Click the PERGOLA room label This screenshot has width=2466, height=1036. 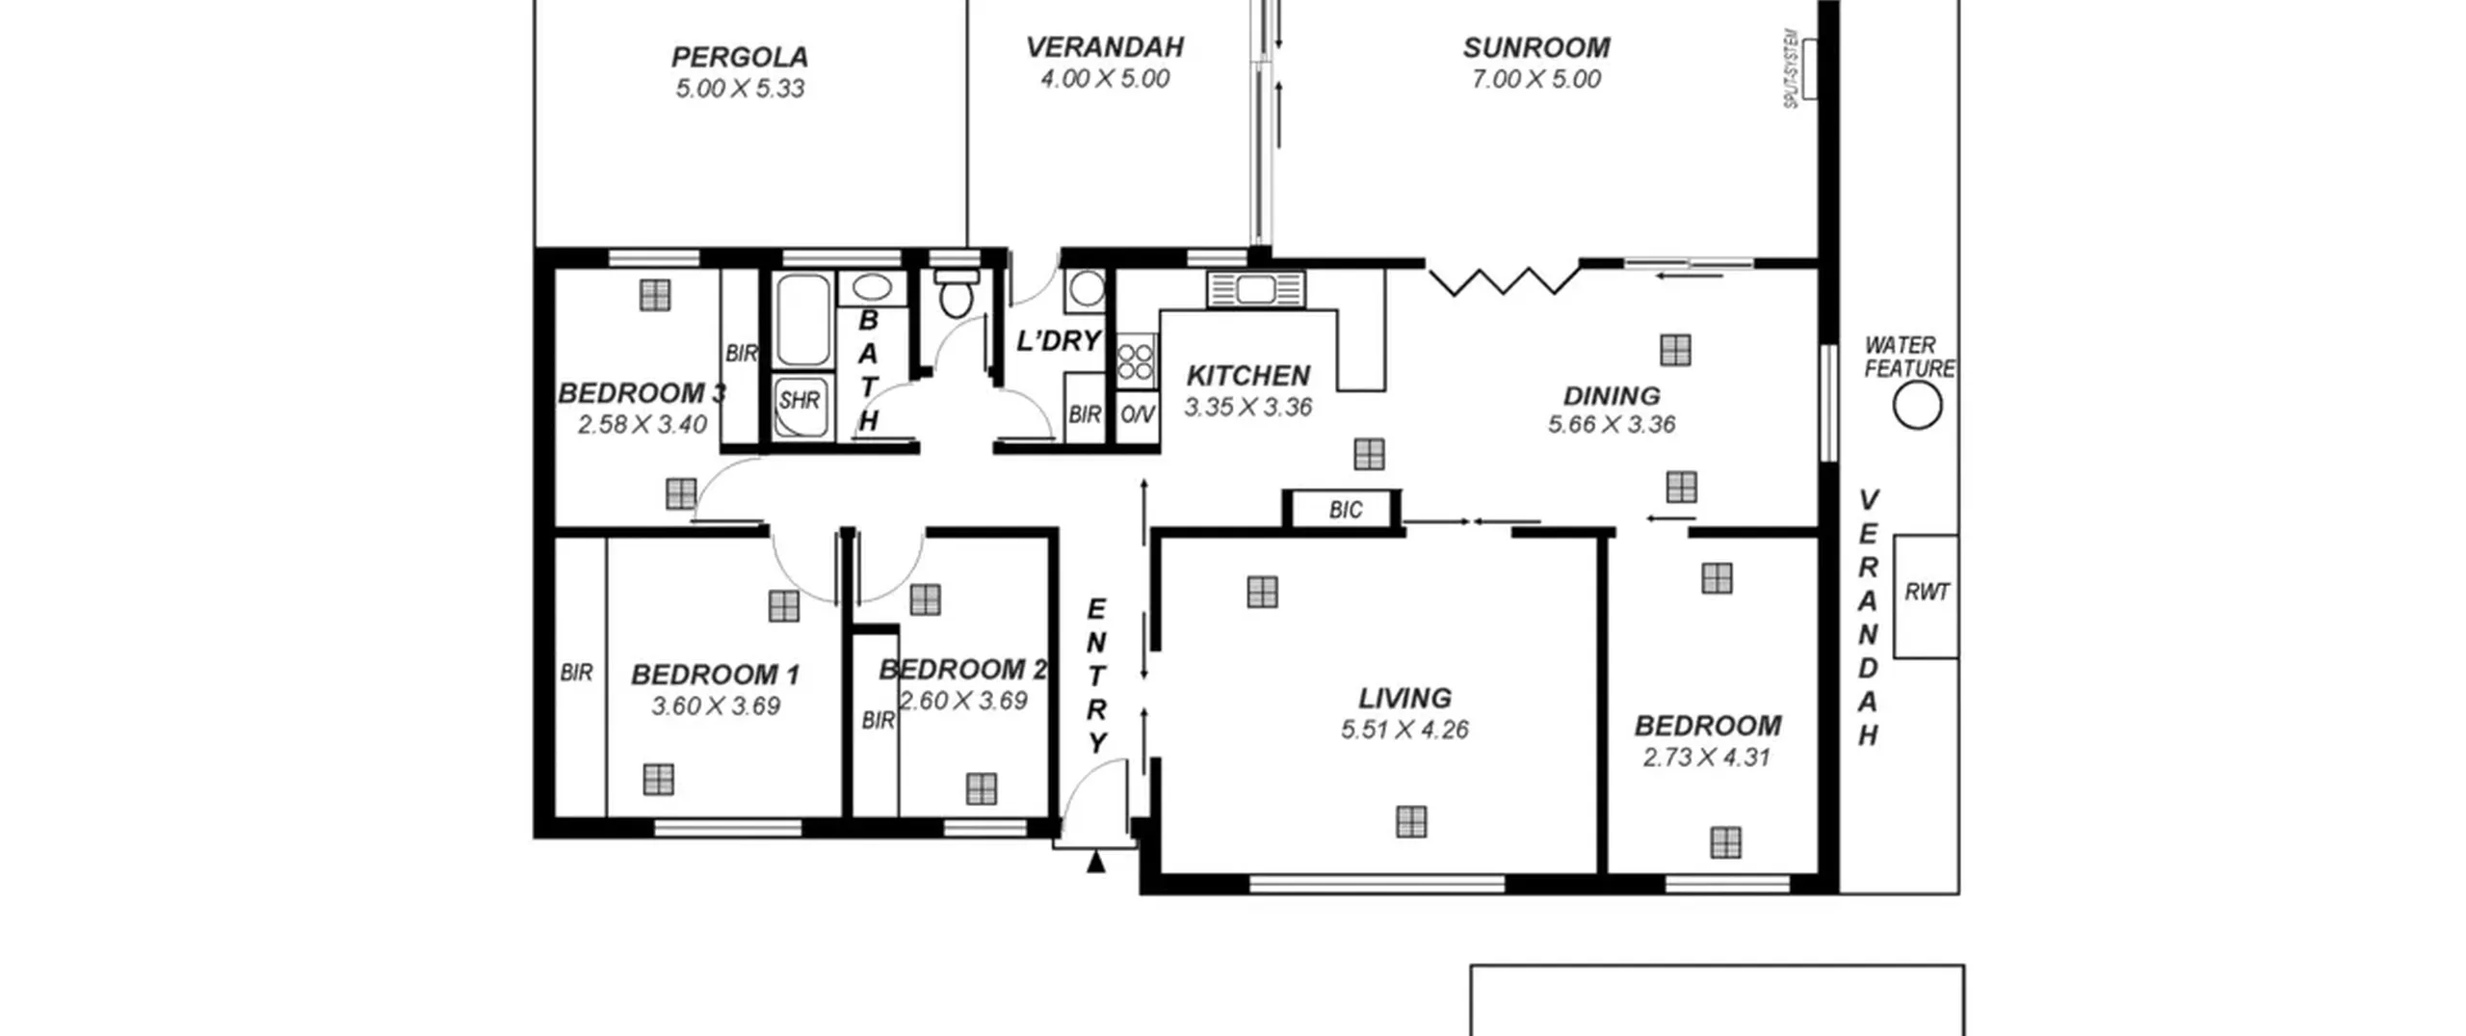tap(739, 57)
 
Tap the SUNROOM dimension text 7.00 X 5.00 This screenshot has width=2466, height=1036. tap(1535, 79)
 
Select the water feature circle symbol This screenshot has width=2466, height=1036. tap(1917, 405)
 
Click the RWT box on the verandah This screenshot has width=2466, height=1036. tap(1926, 597)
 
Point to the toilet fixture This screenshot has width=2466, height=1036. tap(956, 293)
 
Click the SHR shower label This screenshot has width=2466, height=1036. tap(800, 400)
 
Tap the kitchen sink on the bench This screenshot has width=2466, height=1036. tap(1256, 289)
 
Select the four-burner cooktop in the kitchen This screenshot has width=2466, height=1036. tap(1136, 361)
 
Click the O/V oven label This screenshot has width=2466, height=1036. tap(1137, 414)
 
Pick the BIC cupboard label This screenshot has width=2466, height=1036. tap(1346, 510)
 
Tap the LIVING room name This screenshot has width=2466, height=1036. tap(1404, 698)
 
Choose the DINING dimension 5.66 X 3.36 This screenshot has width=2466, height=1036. tap(1612, 424)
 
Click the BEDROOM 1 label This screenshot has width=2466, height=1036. tap(716, 675)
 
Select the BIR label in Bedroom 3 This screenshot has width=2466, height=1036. tap(741, 354)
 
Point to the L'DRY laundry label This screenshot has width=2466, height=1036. tap(1059, 340)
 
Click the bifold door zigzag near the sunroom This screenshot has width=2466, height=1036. tap(1504, 280)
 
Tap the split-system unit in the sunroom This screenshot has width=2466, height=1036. tap(1810, 68)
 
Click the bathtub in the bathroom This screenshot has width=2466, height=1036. tap(803, 321)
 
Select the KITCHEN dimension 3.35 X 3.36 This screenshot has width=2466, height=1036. tap(1248, 408)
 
